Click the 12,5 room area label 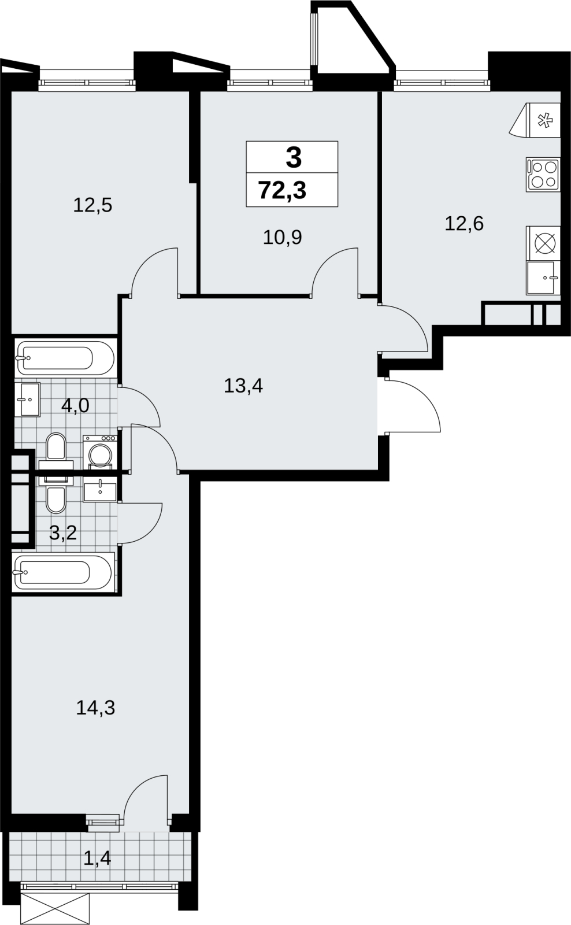click(x=92, y=205)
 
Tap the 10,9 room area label click(x=283, y=238)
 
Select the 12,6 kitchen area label click(x=464, y=224)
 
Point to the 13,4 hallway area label click(x=243, y=386)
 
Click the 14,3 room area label click(x=95, y=708)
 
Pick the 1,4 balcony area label click(x=97, y=859)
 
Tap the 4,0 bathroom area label click(x=75, y=406)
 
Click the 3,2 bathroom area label click(x=63, y=533)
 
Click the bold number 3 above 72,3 click(x=294, y=158)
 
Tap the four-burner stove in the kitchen click(x=543, y=174)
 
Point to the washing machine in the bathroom click(x=100, y=453)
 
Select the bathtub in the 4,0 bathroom click(x=65, y=358)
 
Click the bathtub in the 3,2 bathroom click(x=62, y=572)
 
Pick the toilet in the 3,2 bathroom click(x=56, y=494)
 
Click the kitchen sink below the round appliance click(x=543, y=278)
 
